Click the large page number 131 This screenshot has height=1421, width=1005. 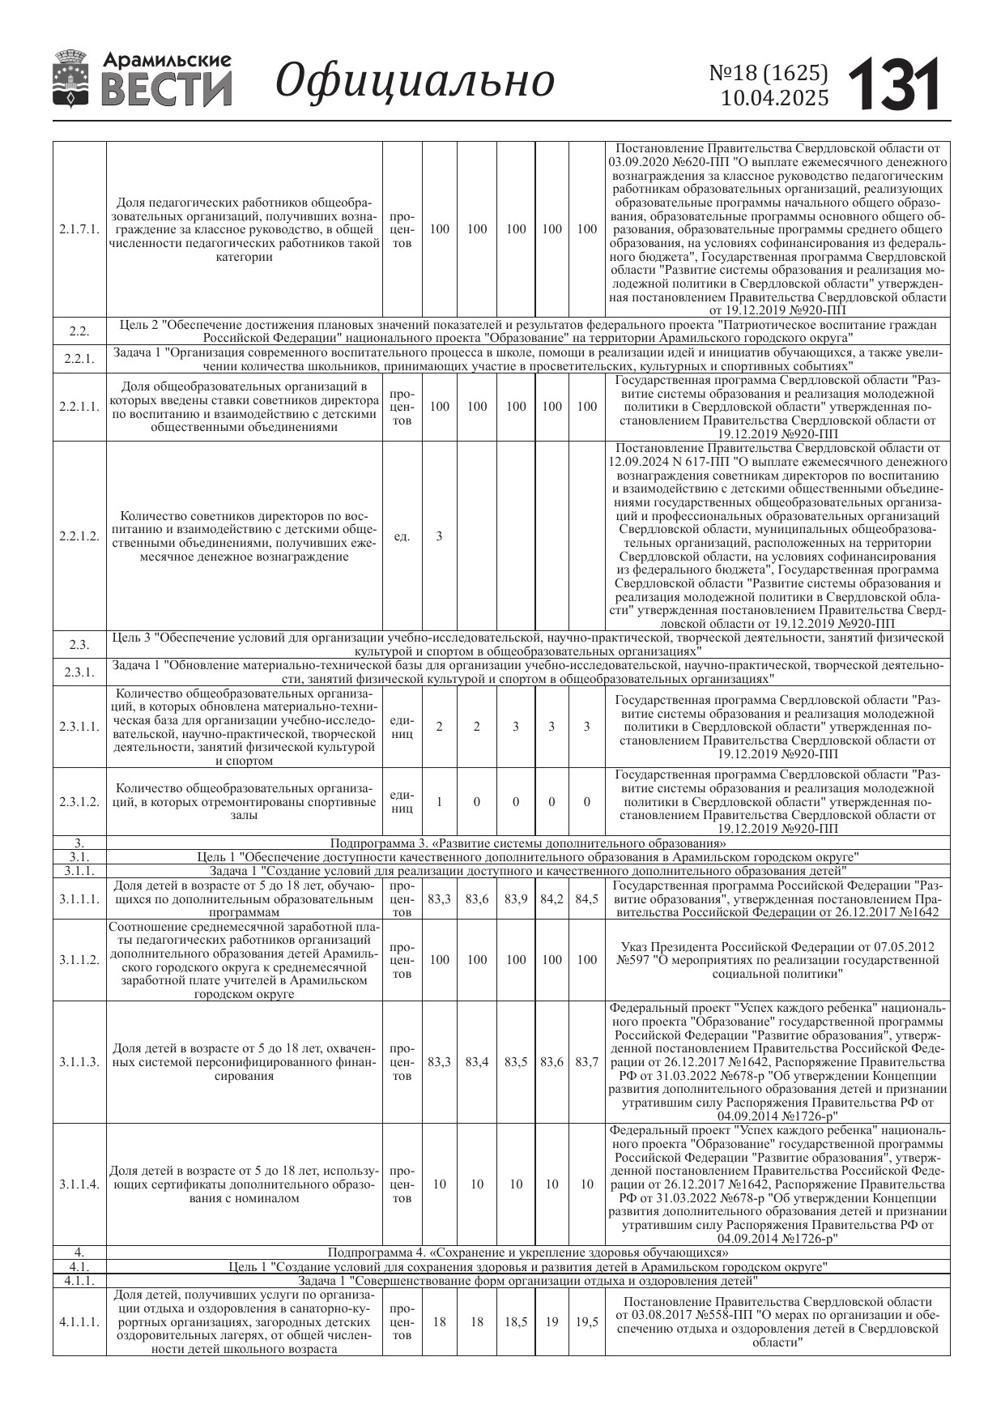895,83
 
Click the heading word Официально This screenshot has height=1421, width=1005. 415,81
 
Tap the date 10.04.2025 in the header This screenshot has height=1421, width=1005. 775,98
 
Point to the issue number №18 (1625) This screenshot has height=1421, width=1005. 769,73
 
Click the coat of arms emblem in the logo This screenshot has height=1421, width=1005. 73,79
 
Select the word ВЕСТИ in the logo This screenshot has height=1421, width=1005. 167,90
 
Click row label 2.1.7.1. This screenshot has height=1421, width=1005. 79,229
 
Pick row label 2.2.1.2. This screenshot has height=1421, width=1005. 79,536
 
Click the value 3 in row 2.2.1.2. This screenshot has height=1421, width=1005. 439,536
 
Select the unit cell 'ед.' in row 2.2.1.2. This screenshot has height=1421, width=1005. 402,536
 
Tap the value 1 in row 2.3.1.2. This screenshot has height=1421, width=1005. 439,802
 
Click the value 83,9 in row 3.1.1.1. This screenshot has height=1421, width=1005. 516,899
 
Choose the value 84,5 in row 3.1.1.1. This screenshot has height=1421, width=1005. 586,899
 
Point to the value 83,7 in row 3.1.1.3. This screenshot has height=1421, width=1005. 586,1062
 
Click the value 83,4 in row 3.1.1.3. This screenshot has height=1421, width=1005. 477,1062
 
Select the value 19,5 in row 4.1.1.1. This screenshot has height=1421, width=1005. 586,1321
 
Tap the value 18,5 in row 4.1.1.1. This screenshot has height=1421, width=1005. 516,1321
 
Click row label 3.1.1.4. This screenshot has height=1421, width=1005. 79,1184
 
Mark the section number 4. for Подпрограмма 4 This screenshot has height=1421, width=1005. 79,1252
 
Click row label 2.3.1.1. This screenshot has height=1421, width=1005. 79,727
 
